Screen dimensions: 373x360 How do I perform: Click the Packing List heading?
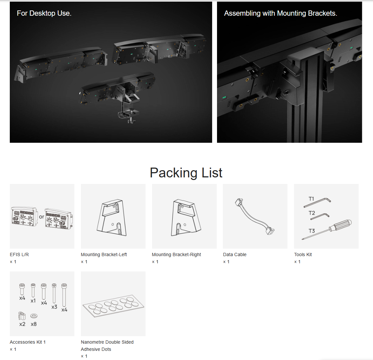186,173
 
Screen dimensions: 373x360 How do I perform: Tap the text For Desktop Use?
44,13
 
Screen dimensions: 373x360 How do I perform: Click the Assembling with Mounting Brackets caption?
281,13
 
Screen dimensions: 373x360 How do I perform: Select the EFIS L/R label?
19,254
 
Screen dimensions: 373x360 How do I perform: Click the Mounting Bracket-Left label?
104,254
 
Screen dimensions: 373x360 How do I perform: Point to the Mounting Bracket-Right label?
176,254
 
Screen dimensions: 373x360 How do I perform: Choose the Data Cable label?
235,254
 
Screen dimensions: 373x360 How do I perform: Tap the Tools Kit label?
303,254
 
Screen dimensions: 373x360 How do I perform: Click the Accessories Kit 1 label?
28,342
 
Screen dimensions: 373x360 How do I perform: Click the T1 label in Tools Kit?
311,199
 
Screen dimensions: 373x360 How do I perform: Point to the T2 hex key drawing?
320,217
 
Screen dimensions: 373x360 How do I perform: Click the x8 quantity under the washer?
34,324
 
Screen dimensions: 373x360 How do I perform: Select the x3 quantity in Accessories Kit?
54,307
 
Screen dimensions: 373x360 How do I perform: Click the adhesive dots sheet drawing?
113,306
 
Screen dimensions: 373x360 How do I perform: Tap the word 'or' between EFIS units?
41,217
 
